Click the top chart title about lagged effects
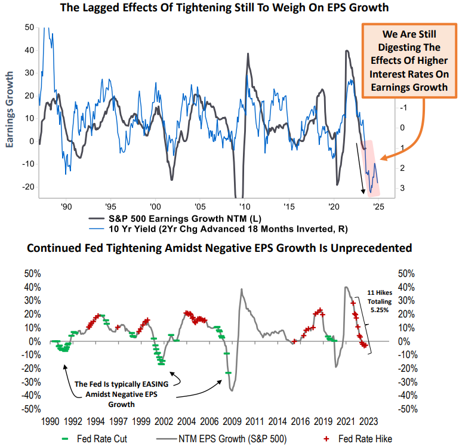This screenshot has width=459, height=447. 229,8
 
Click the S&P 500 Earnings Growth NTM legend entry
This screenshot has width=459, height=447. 179,218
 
